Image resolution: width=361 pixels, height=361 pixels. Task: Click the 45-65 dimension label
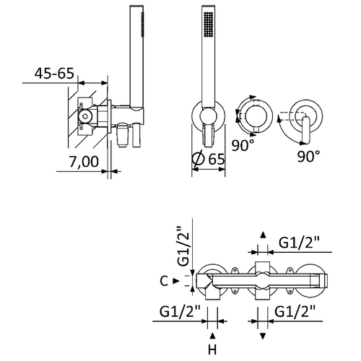pos(54,73)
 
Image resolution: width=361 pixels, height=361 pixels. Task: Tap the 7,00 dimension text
pos(84,162)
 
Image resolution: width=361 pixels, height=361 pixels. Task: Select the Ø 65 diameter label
pos(209,159)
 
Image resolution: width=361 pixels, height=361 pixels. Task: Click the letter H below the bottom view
pos(212,350)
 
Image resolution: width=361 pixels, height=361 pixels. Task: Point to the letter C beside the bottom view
pos(164,281)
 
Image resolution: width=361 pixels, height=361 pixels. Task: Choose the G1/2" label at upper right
pos(299,243)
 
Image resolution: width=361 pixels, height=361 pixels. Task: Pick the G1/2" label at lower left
pos(180,312)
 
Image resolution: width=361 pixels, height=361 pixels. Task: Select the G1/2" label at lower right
pos(295,312)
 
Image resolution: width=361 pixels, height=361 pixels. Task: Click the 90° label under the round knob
pos(243,145)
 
